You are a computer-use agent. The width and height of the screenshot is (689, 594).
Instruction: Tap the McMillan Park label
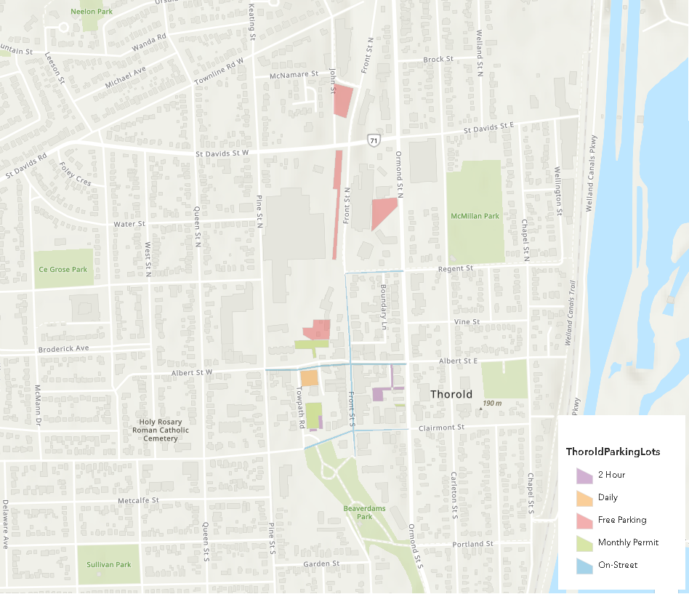click(475, 216)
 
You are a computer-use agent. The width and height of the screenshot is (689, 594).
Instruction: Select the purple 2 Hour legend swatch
click(584, 475)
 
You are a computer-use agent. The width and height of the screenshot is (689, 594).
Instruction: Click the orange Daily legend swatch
click(584, 498)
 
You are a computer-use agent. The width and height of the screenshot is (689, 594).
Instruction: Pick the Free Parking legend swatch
click(584, 521)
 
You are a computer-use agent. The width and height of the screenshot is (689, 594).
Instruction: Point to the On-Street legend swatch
click(584, 565)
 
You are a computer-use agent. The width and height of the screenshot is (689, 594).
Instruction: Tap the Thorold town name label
click(451, 394)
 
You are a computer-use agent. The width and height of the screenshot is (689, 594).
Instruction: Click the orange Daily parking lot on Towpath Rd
click(310, 378)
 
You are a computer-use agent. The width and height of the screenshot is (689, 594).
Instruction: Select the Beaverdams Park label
click(358, 512)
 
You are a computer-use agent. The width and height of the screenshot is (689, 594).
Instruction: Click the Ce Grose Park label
click(63, 270)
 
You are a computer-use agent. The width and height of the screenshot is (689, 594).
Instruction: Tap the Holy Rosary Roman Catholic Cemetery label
click(161, 430)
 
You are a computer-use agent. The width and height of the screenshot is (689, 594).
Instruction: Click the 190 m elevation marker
click(492, 404)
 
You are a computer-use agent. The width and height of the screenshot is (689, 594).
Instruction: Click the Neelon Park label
click(91, 12)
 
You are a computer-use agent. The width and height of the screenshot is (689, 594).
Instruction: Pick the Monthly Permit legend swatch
click(584, 543)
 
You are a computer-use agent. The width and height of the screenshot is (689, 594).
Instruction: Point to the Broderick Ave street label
click(63, 348)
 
